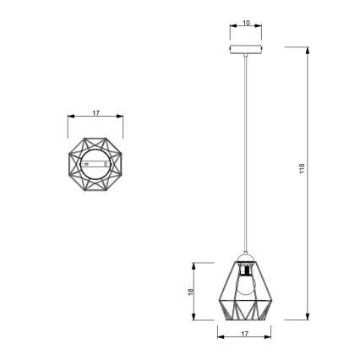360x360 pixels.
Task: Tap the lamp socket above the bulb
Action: (x=243, y=271)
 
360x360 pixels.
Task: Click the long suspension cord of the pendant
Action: (x=243, y=152)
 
